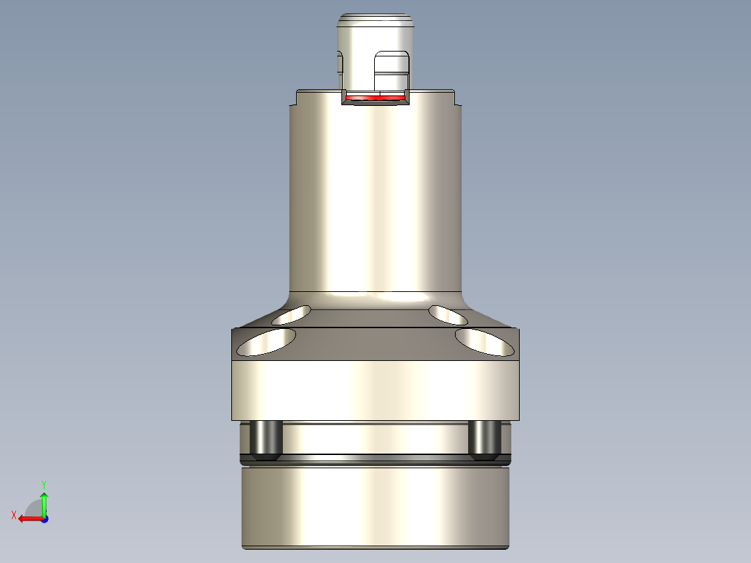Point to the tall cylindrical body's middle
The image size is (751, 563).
pyautogui.click(x=375, y=195)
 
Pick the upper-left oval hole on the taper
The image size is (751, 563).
pyautogui.click(x=292, y=315)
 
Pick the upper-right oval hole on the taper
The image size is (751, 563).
pyautogui.click(x=448, y=315)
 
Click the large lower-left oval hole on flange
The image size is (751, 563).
pyautogui.click(x=267, y=341)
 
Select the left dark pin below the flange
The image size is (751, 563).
pyautogui.click(x=265, y=440)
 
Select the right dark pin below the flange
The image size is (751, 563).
pyautogui.click(x=485, y=440)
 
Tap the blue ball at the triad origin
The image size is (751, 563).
pyautogui.click(x=45, y=518)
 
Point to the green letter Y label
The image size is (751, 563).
pyautogui.click(x=43, y=483)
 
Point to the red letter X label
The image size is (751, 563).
pyautogui.click(x=13, y=515)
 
